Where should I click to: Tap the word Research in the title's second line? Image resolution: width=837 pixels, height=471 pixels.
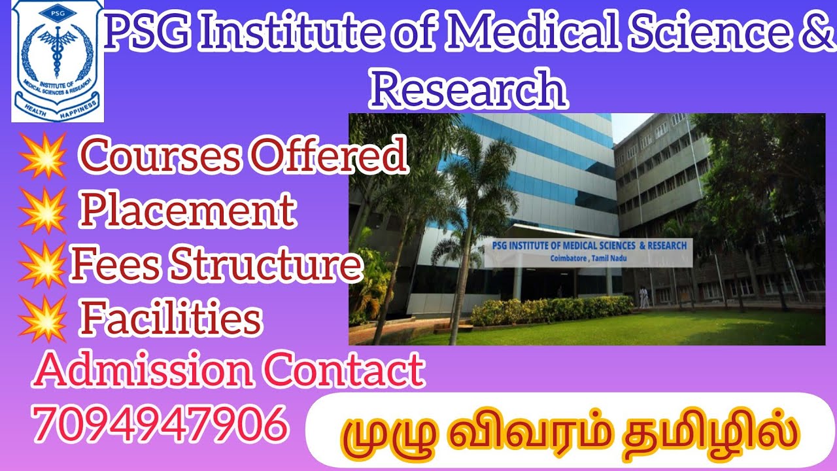point(468,90)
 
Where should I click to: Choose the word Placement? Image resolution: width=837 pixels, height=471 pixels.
point(187,211)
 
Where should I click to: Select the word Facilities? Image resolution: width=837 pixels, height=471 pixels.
point(171,319)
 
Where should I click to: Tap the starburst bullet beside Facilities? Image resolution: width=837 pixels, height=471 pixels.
point(43,319)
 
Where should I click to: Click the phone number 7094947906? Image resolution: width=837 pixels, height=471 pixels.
point(161,423)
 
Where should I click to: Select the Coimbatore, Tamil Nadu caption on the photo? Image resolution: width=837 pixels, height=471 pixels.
point(588,258)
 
